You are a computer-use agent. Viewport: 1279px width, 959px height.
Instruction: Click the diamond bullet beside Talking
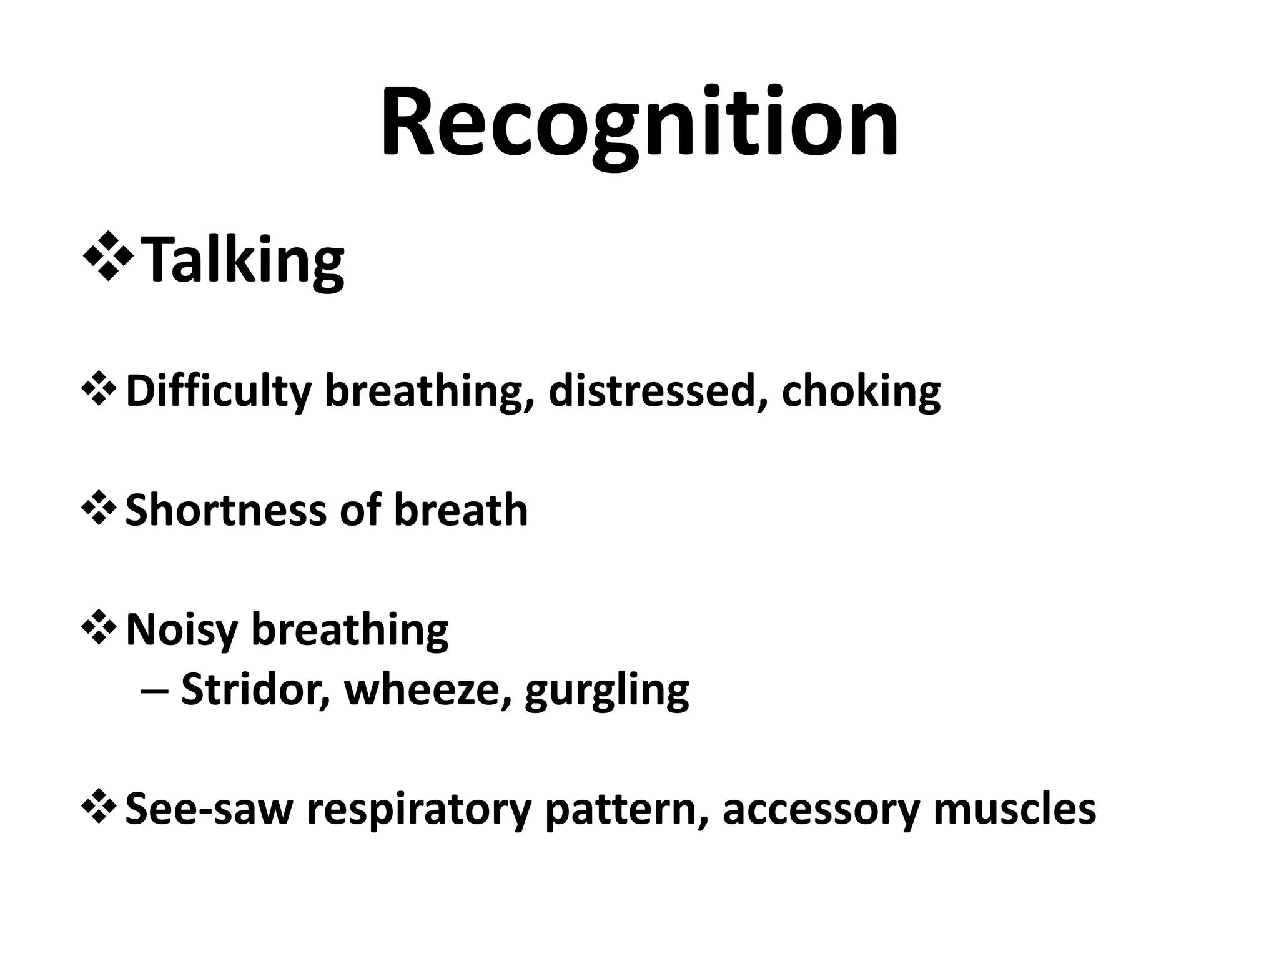click(x=107, y=256)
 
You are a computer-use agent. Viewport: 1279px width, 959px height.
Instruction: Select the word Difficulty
click(x=218, y=392)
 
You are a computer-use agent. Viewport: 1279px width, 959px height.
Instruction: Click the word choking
click(x=861, y=392)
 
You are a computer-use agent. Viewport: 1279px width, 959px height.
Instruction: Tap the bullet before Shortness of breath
click(x=98, y=509)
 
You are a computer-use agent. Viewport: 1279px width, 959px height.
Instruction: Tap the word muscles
click(x=1014, y=809)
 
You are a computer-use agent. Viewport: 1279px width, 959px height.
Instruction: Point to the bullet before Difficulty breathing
click(x=98, y=391)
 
